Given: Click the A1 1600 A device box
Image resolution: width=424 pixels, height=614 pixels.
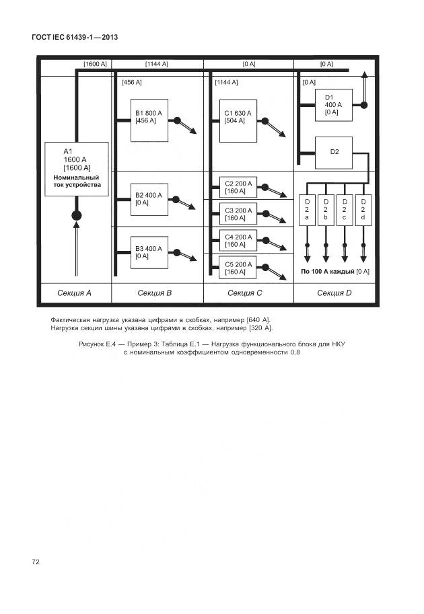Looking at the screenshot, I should (76, 169).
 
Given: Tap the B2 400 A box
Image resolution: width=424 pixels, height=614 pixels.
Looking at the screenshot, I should (149, 200).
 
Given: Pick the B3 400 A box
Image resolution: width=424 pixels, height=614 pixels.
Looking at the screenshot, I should (149, 253).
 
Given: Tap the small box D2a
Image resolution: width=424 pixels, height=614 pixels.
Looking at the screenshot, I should (307, 209).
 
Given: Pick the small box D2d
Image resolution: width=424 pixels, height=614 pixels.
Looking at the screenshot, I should (363, 209).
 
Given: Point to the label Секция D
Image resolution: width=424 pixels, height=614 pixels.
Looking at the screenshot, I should (334, 293).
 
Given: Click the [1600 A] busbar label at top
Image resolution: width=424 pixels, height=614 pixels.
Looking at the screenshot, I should (95, 64).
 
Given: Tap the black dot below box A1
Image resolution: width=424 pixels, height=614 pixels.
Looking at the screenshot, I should (76, 215).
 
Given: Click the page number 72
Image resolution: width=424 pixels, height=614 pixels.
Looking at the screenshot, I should (36, 561).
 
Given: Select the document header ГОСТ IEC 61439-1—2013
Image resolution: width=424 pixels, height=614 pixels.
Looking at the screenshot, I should (75, 37).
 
